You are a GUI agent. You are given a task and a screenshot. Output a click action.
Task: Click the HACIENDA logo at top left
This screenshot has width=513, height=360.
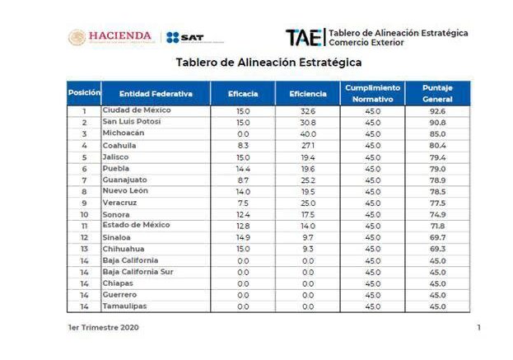pyautogui.click(x=110, y=37)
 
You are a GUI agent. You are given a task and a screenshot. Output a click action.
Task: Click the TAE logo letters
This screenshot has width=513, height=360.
pyautogui.click(x=303, y=37)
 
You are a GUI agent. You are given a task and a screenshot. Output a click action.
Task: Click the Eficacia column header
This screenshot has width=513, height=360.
pyautogui.click(x=243, y=94)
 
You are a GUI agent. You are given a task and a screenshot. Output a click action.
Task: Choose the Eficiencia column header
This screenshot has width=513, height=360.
pyautogui.click(x=308, y=94)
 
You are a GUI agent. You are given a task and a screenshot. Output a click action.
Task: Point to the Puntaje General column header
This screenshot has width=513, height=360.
pyautogui.click(x=437, y=93)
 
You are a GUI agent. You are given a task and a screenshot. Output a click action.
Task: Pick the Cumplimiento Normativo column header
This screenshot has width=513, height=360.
pyautogui.click(x=372, y=93)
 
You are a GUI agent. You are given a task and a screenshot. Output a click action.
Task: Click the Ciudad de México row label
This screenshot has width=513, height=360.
pyautogui.click(x=136, y=110)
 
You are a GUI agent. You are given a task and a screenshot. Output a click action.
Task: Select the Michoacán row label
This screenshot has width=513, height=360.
pyautogui.click(x=124, y=133)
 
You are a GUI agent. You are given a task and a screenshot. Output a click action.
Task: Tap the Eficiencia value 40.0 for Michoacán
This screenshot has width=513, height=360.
pyautogui.click(x=308, y=133)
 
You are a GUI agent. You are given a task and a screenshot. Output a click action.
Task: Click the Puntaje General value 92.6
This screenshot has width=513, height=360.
pyautogui.click(x=437, y=110)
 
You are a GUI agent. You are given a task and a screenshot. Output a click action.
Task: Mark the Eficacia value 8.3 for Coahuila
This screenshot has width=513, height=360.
pyautogui.click(x=243, y=145)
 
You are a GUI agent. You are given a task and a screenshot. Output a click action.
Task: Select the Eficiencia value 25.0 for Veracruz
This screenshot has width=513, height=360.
pyautogui.click(x=308, y=203)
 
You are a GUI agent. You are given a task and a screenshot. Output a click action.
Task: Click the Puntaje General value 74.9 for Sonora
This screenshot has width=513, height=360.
pyautogui.click(x=437, y=214)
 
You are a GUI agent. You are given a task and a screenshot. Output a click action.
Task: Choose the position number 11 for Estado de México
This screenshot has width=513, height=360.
pyautogui.click(x=84, y=226)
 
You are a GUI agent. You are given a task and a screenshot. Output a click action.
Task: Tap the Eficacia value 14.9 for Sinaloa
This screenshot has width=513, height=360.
pyautogui.click(x=243, y=237)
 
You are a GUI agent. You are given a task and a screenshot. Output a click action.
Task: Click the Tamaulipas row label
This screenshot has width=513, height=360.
pyautogui.click(x=125, y=306)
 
